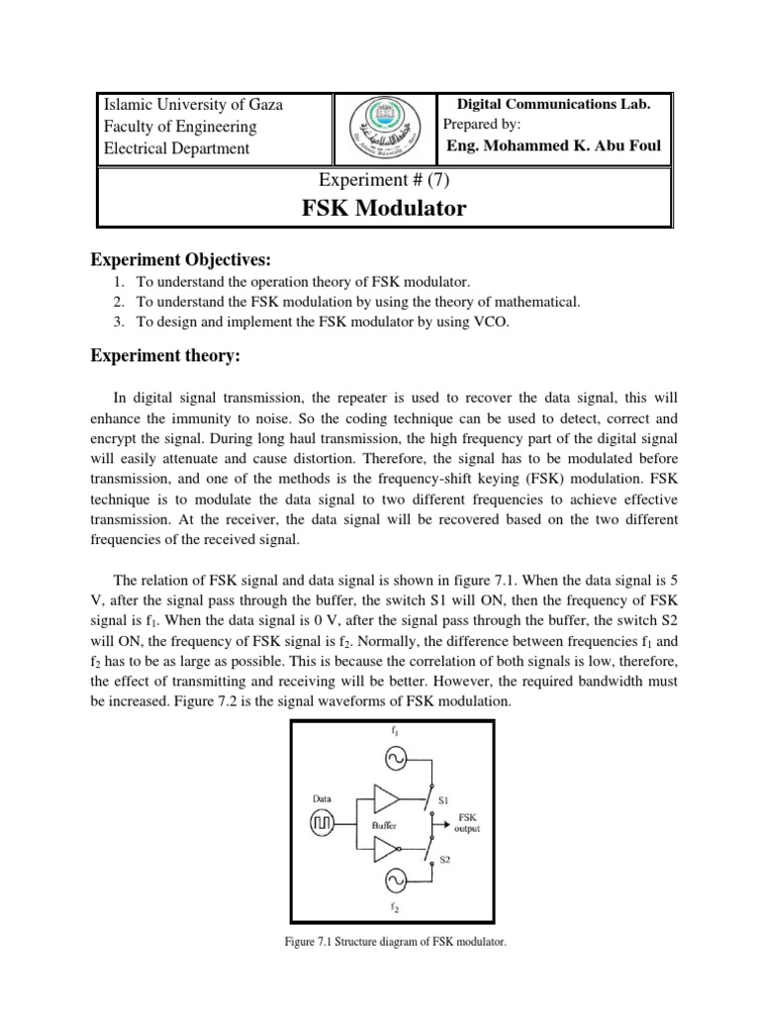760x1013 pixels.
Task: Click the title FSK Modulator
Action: pyautogui.click(x=383, y=209)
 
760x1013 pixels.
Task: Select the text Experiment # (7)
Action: pyautogui.click(x=383, y=179)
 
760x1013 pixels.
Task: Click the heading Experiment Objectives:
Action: pyautogui.click(x=180, y=260)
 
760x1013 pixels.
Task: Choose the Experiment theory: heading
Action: pyautogui.click(x=168, y=355)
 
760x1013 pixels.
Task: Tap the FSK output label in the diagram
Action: pyautogui.click(x=467, y=823)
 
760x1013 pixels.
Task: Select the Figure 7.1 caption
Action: pyautogui.click(x=394, y=943)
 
